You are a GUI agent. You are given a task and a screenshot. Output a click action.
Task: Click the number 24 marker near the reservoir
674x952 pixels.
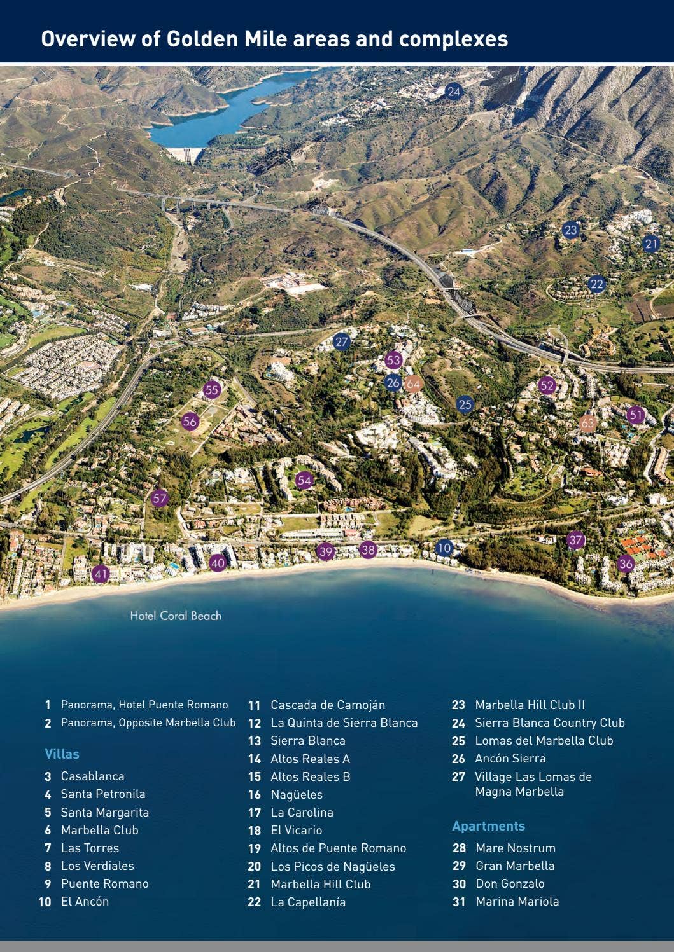point(453,92)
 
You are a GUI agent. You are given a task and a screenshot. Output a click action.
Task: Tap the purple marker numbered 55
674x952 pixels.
point(212,390)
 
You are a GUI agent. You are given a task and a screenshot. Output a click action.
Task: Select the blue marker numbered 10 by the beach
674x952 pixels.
point(444,548)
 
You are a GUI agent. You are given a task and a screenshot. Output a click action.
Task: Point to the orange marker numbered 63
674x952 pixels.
point(587,424)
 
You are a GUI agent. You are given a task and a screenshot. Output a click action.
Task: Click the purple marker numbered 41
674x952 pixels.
point(101,574)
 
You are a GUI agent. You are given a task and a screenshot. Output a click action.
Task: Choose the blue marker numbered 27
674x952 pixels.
point(342,341)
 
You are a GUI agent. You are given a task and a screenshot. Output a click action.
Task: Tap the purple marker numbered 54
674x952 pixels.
point(304,480)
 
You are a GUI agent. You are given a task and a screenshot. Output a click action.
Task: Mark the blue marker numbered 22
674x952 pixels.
point(596,284)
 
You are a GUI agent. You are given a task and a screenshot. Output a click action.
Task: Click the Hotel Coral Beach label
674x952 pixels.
point(176,616)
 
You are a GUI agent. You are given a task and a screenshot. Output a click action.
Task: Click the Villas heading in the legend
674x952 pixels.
point(62,754)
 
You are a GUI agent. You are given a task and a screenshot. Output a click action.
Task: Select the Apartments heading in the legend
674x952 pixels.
point(488,826)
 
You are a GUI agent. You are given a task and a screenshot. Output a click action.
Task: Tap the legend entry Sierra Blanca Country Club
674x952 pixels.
point(549,722)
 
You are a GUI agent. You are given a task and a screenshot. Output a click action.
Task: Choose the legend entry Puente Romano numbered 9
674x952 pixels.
point(104,883)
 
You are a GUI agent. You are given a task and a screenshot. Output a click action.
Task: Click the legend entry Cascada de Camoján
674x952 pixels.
point(327,705)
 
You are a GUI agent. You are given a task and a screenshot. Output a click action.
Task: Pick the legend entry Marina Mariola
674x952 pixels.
point(517,901)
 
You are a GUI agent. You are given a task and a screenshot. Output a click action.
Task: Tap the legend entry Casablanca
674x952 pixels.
point(92,776)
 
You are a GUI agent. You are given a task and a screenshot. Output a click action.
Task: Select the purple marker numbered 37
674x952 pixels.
point(576,541)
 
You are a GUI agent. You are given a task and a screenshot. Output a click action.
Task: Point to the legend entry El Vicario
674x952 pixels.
point(296,830)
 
